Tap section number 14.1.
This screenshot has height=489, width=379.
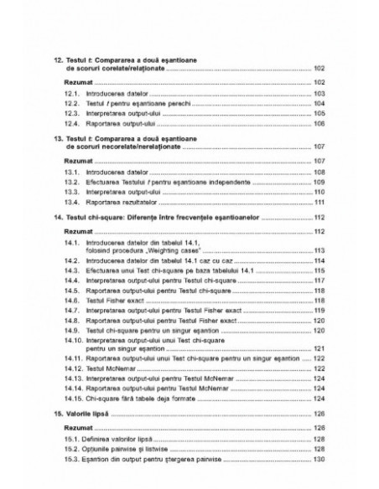[x=70, y=242]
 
